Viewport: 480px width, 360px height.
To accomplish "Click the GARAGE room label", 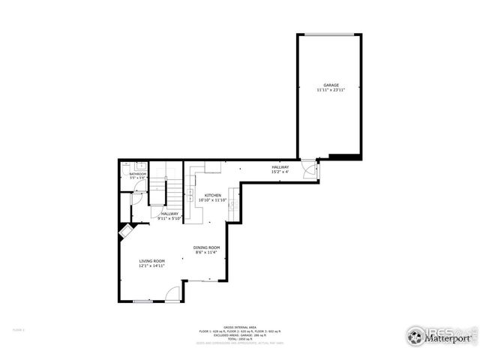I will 331,85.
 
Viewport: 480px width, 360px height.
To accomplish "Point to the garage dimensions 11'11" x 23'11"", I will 331,90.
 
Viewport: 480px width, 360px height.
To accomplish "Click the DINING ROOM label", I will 206,247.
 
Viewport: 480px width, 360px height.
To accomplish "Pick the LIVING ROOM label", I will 151,261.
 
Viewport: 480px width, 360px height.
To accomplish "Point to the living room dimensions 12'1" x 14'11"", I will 151,265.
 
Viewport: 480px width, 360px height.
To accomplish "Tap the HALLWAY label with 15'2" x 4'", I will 280,166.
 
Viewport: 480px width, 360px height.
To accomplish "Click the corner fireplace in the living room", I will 124,232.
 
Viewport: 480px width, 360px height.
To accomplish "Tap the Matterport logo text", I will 448,338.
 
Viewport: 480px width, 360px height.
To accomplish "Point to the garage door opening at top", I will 326,34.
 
